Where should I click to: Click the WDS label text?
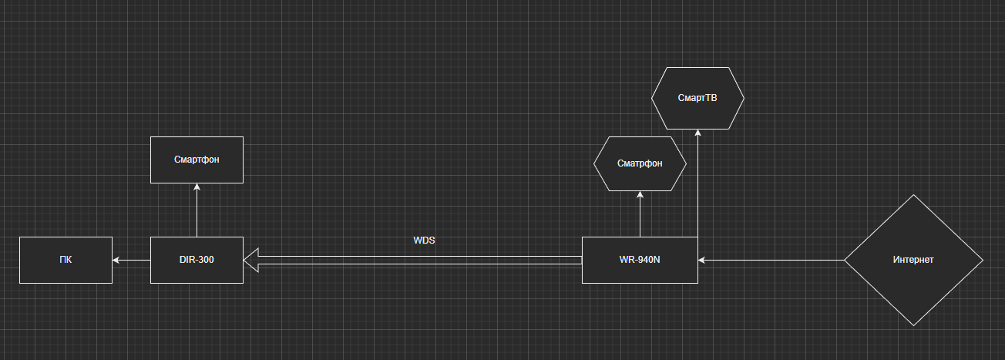click(424, 241)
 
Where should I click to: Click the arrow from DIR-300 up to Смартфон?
click(197, 212)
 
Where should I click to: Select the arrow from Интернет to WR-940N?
click(771, 260)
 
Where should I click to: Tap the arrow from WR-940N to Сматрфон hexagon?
click(640, 216)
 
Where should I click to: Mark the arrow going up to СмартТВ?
click(697, 185)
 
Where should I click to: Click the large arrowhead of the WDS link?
click(250, 260)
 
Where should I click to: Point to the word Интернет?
click(913, 260)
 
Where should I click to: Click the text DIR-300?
click(197, 260)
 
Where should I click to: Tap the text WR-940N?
click(640, 260)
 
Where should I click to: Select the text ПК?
click(66, 260)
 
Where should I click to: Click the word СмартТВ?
click(697, 98)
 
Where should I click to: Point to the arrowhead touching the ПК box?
click(116, 260)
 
